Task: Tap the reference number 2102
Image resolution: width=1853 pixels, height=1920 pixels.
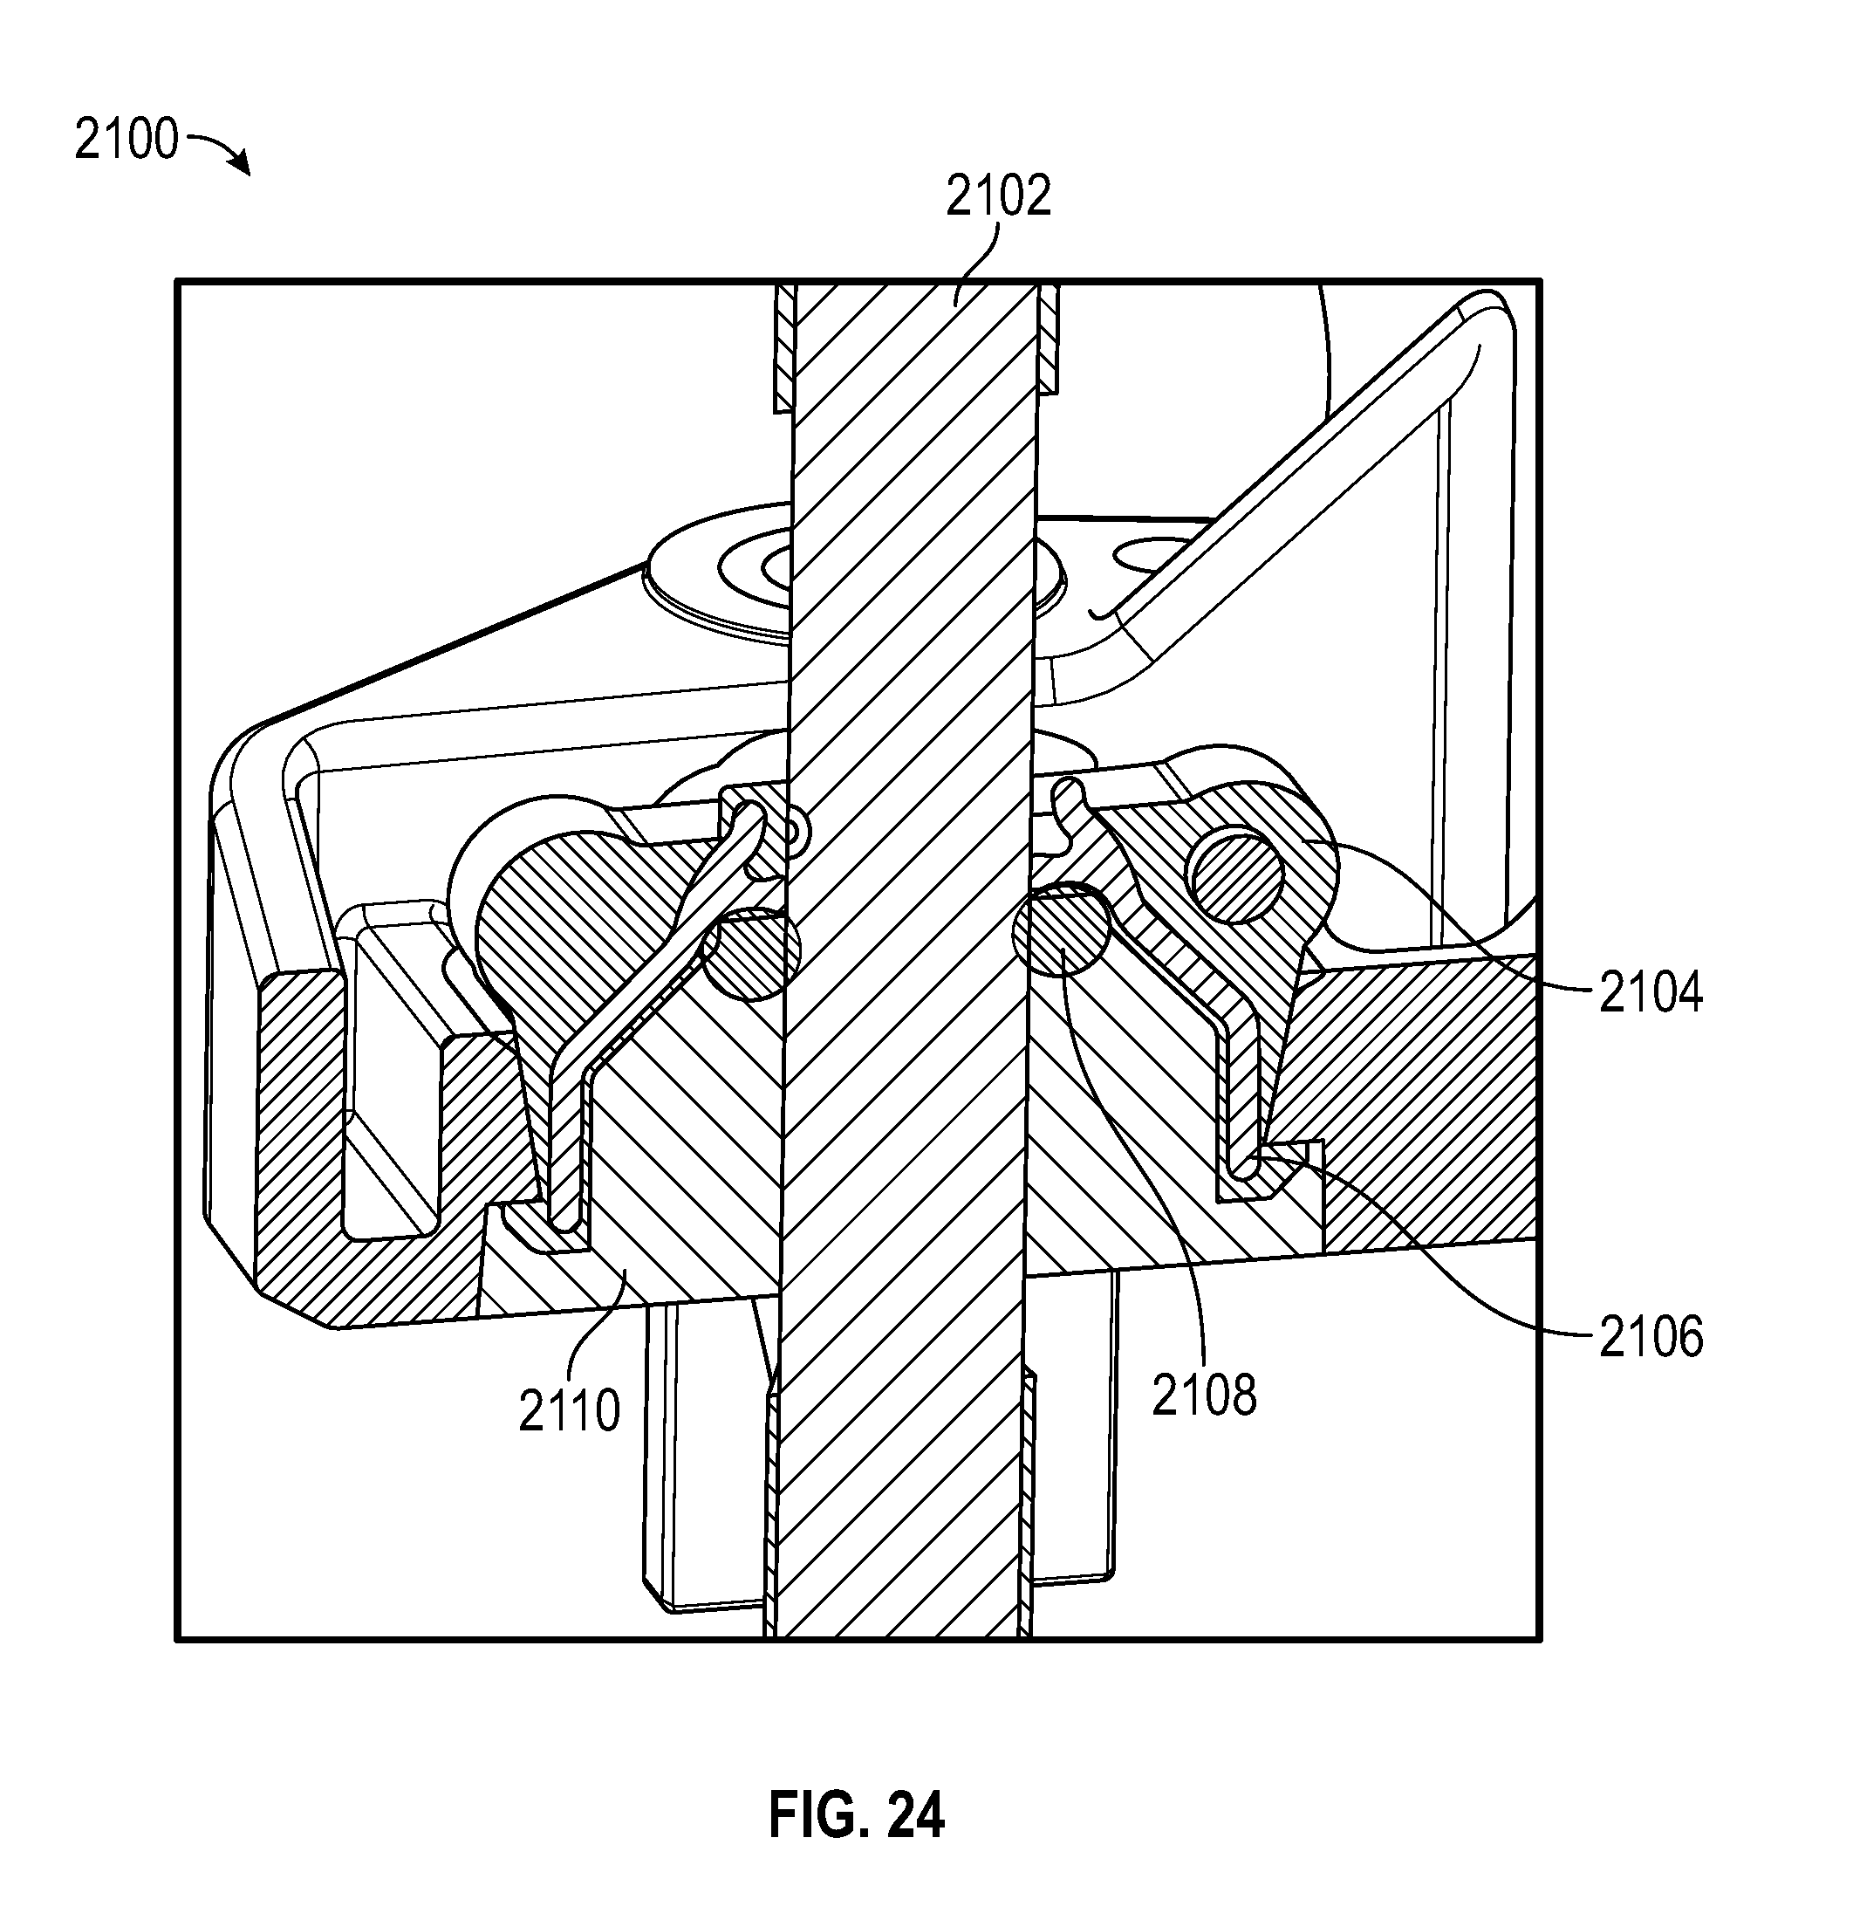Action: click(x=998, y=195)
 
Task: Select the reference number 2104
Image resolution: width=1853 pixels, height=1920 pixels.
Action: click(x=1651, y=992)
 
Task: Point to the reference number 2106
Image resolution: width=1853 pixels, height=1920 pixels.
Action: click(x=1651, y=1337)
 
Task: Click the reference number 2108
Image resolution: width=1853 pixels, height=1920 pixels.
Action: click(x=1204, y=1395)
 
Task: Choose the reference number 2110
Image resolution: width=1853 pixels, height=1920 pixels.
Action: click(x=569, y=1411)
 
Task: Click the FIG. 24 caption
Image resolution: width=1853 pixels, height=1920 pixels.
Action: click(x=856, y=1815)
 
